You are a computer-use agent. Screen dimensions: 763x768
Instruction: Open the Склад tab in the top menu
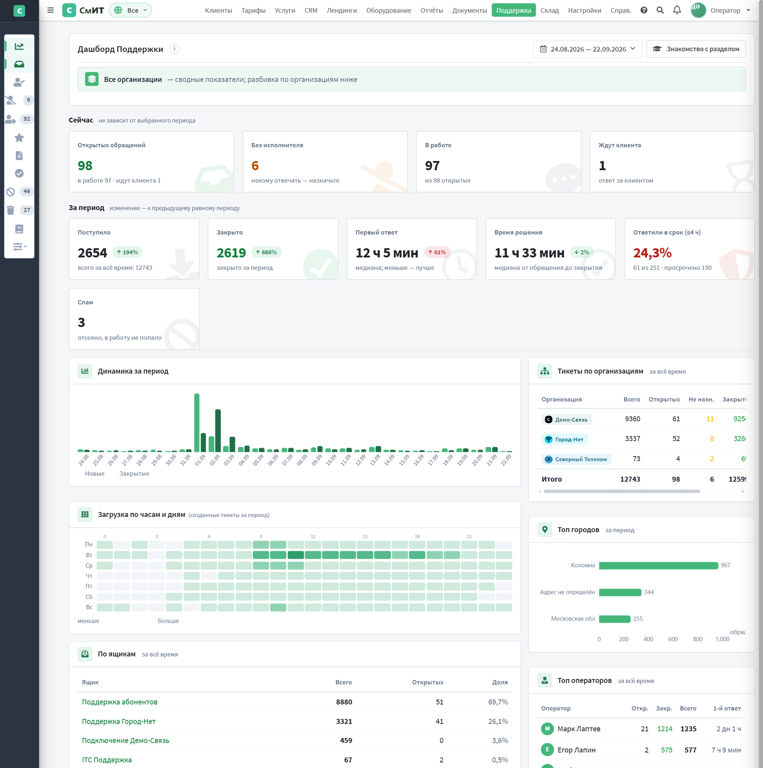tap(549, 10)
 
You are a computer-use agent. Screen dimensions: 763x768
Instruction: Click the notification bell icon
tap(677, 10)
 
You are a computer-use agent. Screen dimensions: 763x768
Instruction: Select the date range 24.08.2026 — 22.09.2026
tap(588, 49)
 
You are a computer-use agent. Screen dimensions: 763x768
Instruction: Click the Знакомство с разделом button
tap(696, 49)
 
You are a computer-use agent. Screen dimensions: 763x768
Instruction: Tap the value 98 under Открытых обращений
tap(85, 166)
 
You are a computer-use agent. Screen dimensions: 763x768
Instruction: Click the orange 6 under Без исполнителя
tap(255, 166)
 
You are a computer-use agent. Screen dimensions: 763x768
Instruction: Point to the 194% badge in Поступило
tap(127, 252)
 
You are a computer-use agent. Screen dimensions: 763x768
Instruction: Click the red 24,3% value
tap(652, 253)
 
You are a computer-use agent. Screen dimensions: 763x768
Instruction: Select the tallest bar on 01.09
tap(197, 422)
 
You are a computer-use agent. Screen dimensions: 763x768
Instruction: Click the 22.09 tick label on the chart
tap(506, 460)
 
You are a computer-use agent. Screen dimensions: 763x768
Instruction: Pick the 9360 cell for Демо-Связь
tap(632, 419)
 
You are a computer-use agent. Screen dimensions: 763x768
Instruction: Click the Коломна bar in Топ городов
tap(659, 565)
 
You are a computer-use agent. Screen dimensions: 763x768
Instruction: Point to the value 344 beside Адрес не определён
tap(649, 592)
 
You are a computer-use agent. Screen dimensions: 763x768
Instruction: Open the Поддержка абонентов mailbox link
tap(120, 702)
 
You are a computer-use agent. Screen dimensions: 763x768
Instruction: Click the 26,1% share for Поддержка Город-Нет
tap(498, 722)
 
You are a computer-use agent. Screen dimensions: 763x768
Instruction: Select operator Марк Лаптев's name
tap(579, 729)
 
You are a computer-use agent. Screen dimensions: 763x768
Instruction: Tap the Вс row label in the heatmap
tap(89, 607)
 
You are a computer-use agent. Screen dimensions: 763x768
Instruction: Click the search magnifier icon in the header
tap(660, 10)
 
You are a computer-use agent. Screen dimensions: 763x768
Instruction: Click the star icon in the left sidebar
tap(19, 138)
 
